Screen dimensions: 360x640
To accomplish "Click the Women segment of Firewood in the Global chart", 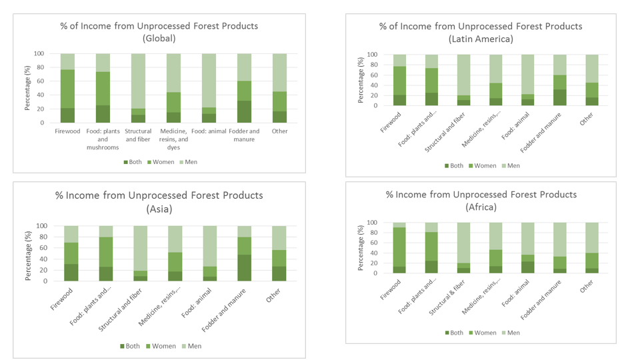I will pyautogui.click(x=68, y=89).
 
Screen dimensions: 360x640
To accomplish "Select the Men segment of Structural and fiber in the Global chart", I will pyautogui.click(x=138, y=81).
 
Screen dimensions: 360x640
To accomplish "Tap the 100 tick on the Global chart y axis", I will pyautogui.click(x=39, y=53).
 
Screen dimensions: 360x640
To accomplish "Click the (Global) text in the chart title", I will pyautogui.click(x=159, y=38).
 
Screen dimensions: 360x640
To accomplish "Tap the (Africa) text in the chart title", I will pyautogui.click(x=481, y=207).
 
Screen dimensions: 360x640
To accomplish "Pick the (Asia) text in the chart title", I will pyautogui.click(x=159, y=209).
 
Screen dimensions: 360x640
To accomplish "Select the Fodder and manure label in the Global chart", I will pyautogui.click(x=245, y=135).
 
